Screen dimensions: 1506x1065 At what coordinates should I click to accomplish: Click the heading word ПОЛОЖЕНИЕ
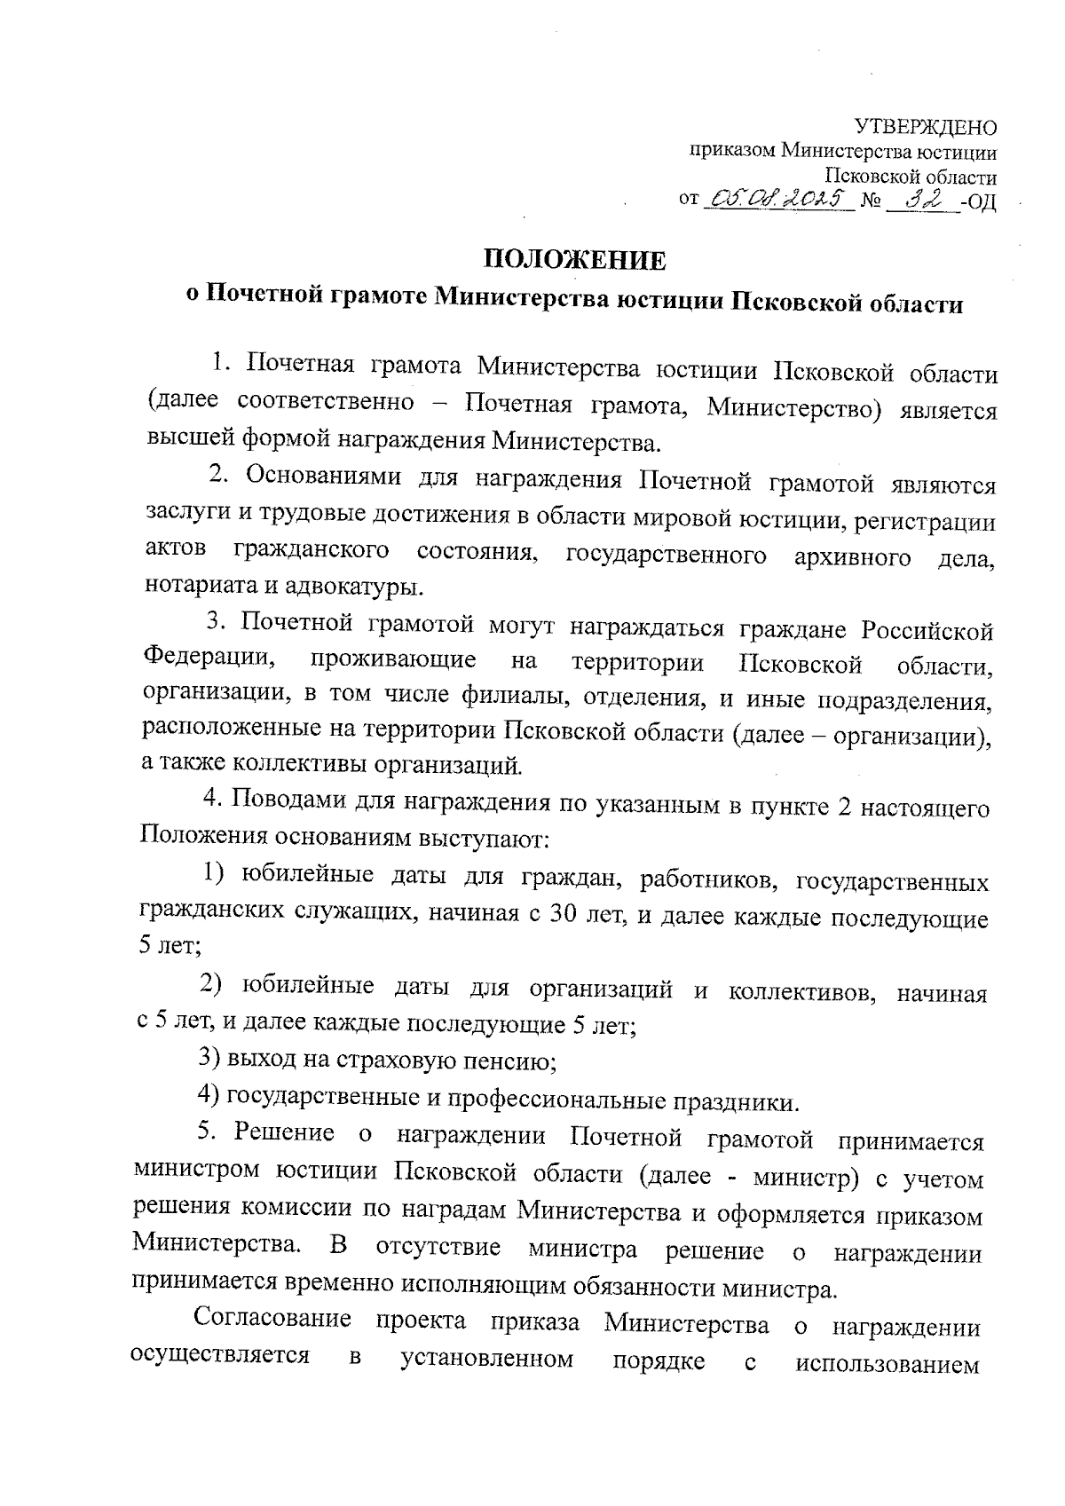pos(573,260)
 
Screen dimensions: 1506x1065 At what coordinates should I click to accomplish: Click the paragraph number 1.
pos(220,365)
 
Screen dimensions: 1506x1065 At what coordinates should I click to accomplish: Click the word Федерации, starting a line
pos(210,662)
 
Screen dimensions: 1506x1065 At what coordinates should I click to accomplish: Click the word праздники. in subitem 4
pos(736,1101)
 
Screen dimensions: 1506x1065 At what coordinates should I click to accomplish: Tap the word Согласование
pos(272,1321)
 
